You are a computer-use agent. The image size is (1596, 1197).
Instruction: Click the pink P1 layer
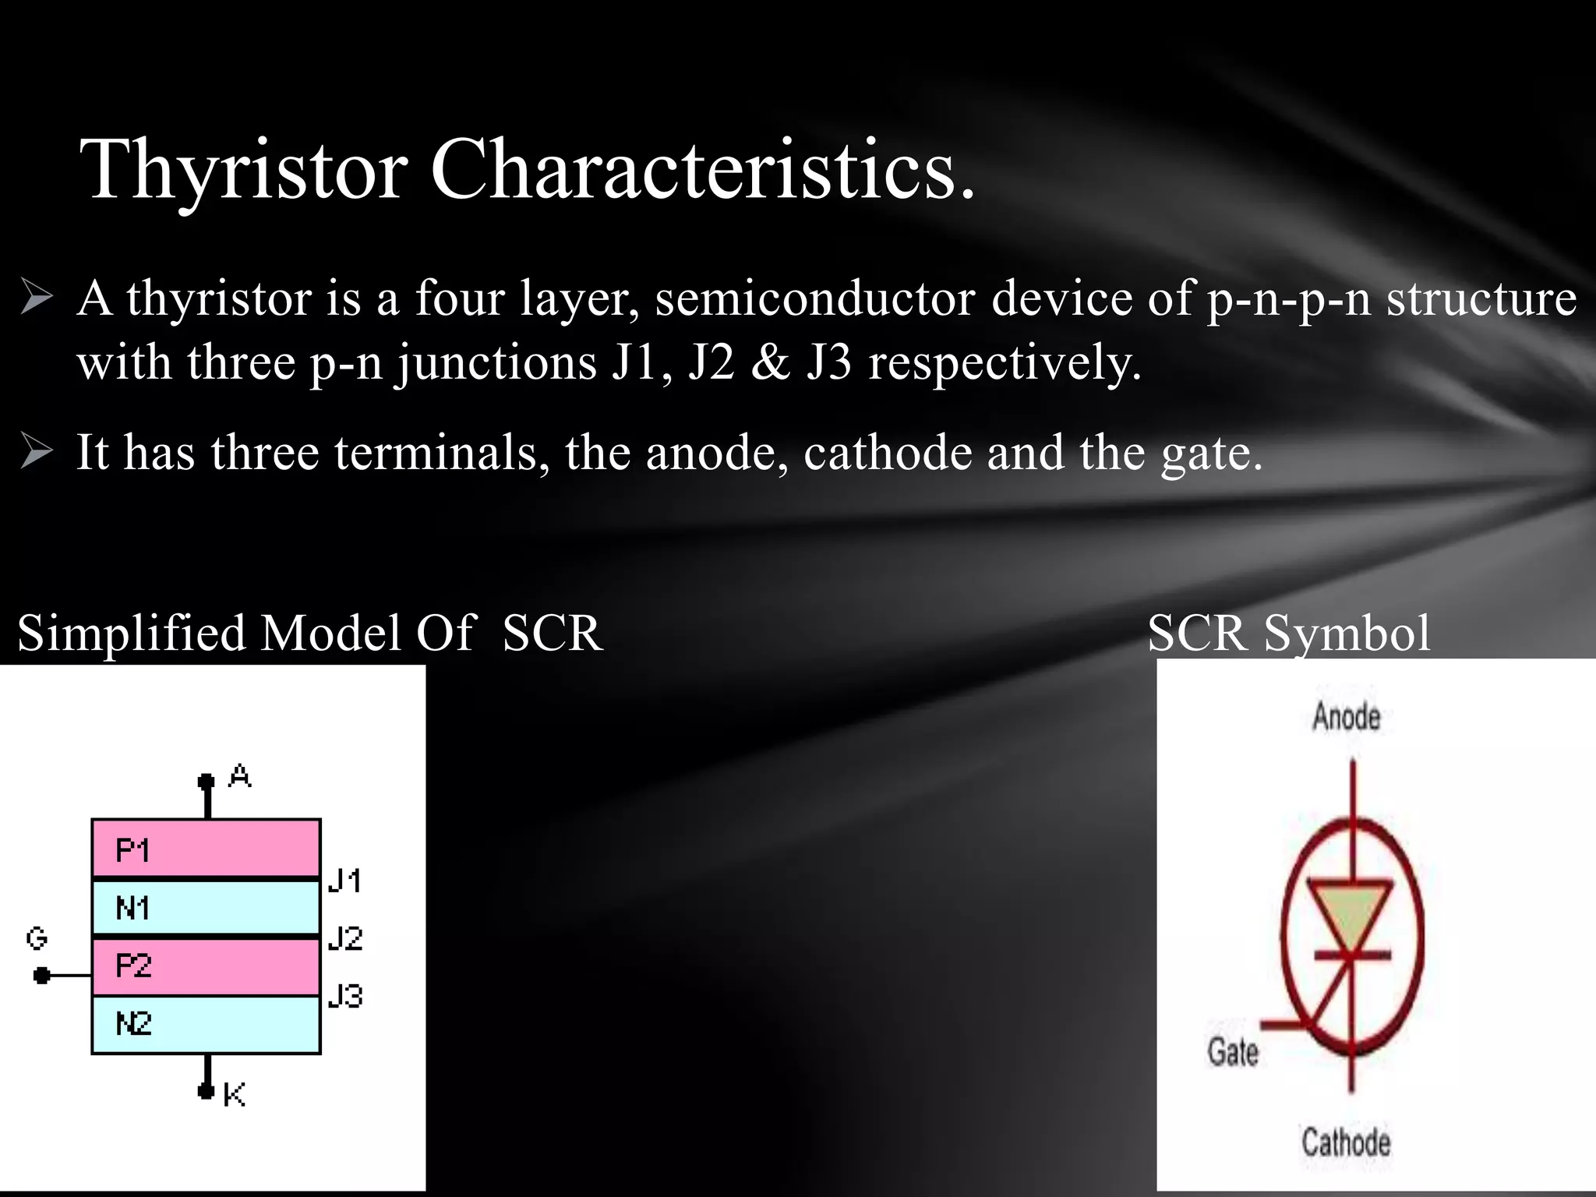coord(207,848)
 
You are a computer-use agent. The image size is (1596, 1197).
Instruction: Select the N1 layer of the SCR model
coord(207,907)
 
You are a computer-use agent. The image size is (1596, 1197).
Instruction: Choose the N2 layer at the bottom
coord(207,1024)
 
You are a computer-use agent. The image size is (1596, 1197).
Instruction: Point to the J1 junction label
coord(344,881)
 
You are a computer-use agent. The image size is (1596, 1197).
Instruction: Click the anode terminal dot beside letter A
coord(206,781)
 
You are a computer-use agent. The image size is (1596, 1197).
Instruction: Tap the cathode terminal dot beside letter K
coord(206,1090)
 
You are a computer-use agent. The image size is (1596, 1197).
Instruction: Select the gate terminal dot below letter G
coord(42,975)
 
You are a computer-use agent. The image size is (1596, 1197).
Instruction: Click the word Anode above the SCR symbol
coord(1346,716)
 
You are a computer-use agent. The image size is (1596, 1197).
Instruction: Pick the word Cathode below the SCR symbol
coord(1346,1142)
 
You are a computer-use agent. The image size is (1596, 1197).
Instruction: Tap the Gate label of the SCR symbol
coord(1233,1052)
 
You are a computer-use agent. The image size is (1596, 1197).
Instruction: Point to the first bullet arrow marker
coord(37,298)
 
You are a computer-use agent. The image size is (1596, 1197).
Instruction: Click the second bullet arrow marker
coord(37,452)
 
